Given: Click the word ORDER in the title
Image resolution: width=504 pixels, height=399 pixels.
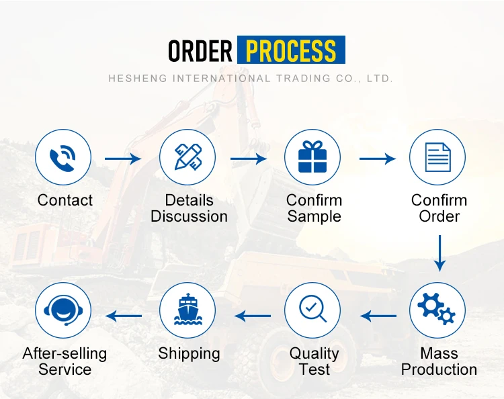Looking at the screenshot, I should coord(200,50).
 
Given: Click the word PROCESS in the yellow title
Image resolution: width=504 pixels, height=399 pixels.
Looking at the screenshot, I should coord(291,50).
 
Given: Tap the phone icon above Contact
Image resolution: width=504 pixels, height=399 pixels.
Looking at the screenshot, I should coord(63,157).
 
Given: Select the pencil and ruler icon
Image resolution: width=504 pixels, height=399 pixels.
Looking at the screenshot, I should coord(187,157).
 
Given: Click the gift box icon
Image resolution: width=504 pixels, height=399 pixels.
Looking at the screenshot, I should coord(312,157).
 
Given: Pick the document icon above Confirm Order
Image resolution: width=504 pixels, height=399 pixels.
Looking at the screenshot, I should coord(437,157).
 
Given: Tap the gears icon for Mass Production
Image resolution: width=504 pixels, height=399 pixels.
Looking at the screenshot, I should coord(437,310).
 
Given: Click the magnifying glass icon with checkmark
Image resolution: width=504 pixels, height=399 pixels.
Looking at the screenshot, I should coord(312,310).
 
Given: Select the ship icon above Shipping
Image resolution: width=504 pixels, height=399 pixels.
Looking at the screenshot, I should coord(187,310).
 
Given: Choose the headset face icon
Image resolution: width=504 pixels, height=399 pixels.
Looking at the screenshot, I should coord(63,310).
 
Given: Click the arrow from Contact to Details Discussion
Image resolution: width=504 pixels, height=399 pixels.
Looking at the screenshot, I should coord(123,159).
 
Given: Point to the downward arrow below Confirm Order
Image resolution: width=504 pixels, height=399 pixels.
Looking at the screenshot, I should coord(439,253).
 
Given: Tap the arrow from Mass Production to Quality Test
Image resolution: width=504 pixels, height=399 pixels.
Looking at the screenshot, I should coord(378,315).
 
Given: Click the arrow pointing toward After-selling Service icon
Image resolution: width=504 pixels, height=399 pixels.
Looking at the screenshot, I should coord(124,315).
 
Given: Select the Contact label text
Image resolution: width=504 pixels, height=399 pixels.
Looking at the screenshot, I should coord(65,200).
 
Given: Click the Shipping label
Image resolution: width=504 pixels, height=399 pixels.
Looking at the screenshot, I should coord(189,353).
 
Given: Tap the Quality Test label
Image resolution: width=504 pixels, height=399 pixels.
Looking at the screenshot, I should coord(314,361).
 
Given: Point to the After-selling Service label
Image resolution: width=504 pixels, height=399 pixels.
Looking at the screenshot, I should coord(65,361).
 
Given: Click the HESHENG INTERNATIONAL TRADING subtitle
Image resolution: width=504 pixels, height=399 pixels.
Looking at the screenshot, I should coord(251,79).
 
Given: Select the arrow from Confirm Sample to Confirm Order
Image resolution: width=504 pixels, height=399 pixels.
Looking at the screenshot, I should coord(378,159).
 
